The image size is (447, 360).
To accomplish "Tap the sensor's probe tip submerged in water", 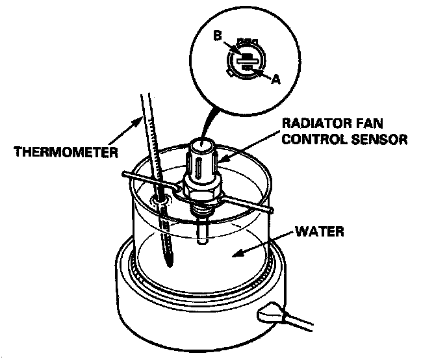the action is coord(202,239).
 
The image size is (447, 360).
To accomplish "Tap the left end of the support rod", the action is coord(123,174).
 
